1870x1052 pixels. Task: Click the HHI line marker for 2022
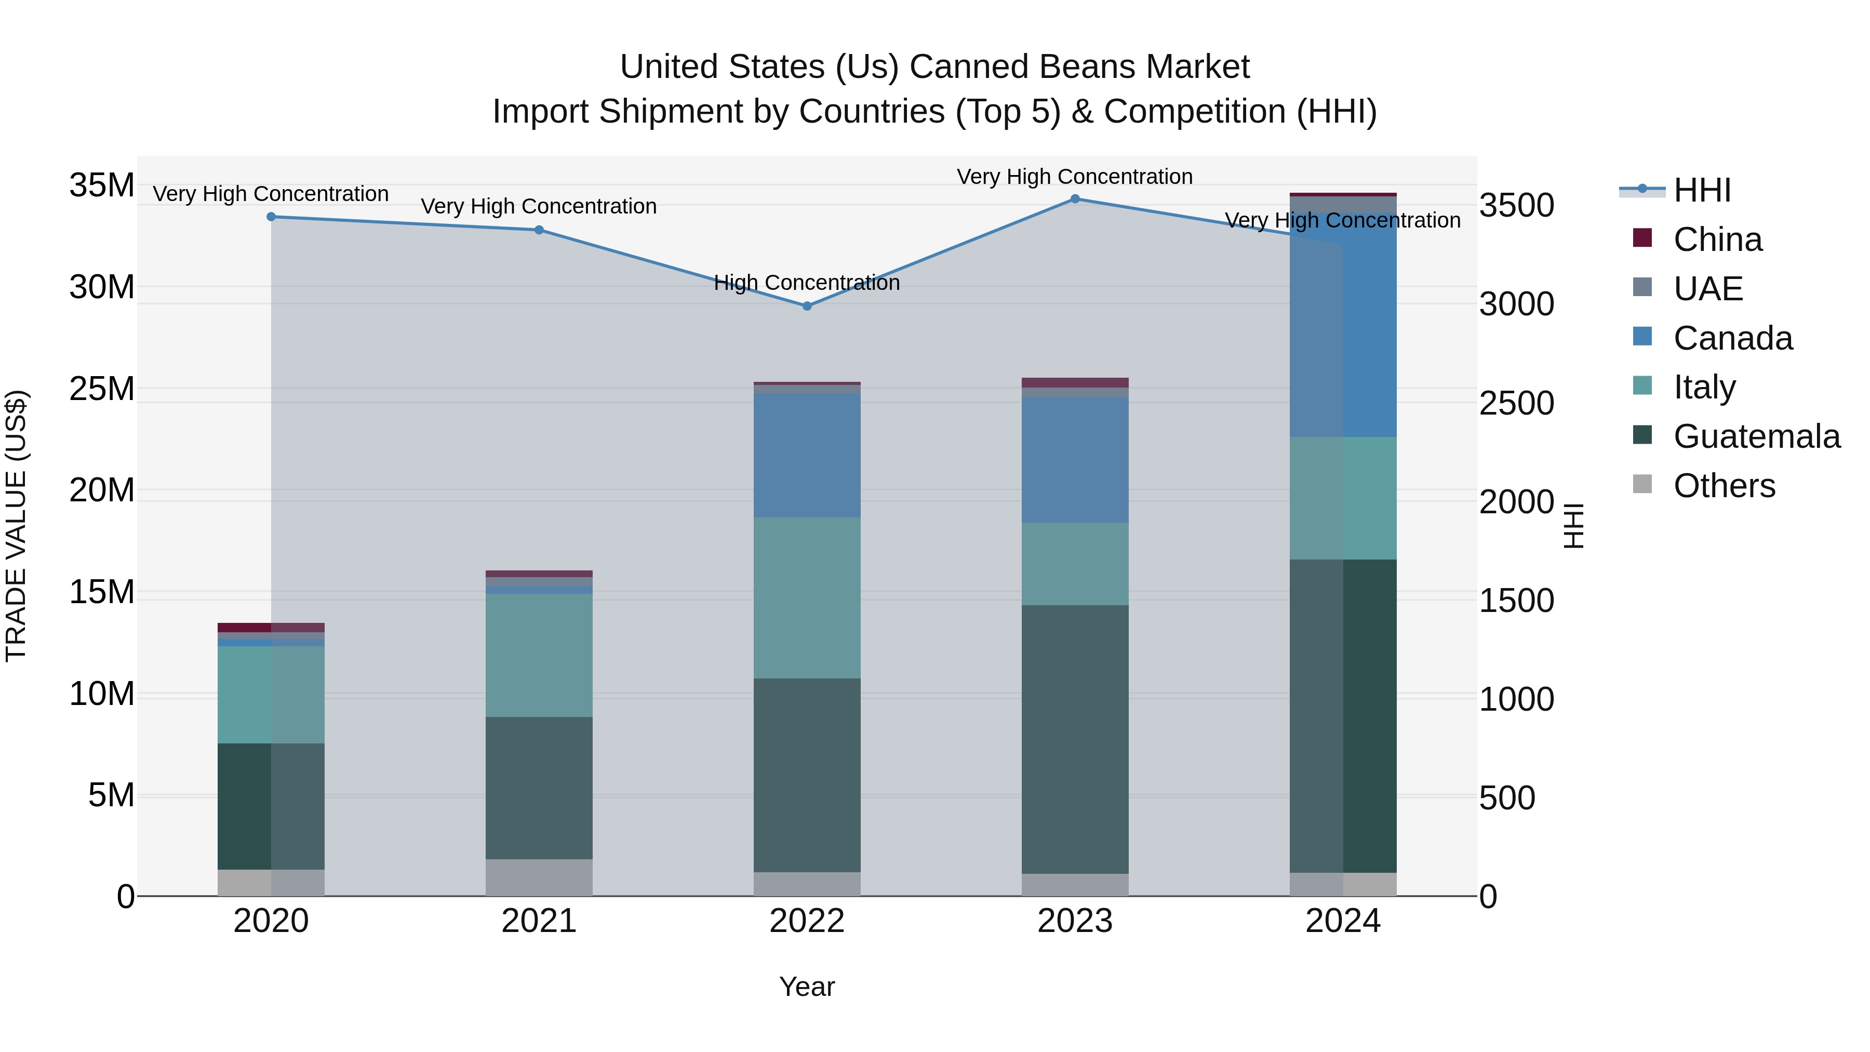pos(807,305)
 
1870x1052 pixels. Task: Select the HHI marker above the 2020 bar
pos(271,216)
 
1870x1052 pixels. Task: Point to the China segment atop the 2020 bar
pos(271,627)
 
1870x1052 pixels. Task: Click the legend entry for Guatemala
pos(1756,436)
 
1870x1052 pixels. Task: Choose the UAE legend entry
pos(1707,289)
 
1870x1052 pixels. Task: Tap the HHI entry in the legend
pos(1702,190)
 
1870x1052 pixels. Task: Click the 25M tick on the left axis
pos(102,389)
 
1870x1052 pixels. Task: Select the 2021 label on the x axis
pos(539,921)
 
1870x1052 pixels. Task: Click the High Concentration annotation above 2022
pos(807,283)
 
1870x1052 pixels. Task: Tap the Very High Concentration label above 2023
pos(1074,177)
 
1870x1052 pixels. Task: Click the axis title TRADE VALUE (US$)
pos(16,526)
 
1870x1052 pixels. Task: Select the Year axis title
pos(807,987)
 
